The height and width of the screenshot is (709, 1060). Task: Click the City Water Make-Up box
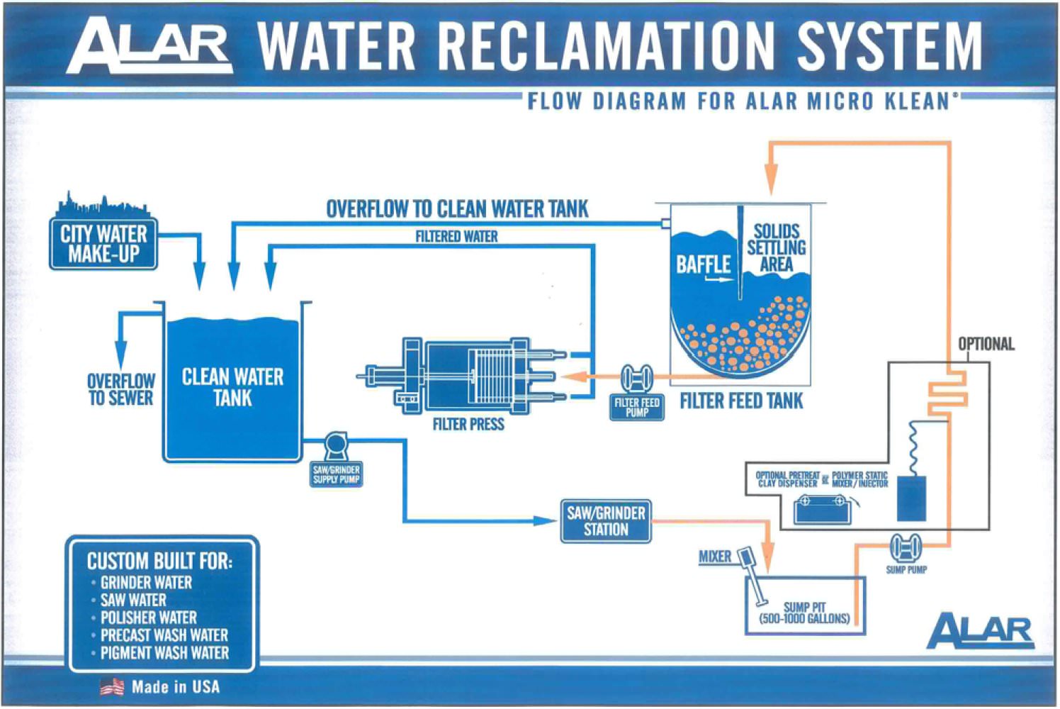point(103,244)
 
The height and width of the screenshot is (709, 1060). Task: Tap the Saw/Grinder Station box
point(606,521)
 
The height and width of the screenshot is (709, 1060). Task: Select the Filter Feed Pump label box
point(637,407)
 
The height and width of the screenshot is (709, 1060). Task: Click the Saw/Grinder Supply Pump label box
point(336,474)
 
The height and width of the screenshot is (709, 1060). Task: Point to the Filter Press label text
point(468,425)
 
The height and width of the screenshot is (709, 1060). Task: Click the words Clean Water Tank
point(232,387)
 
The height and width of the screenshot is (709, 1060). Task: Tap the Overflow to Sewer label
point(121,390)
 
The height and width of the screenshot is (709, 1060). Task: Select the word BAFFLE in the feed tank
point(703,264)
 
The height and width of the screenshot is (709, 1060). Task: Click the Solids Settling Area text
point(776,247)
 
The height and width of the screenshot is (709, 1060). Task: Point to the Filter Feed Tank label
point(742,401)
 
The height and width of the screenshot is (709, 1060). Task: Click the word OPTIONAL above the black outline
point(986,344)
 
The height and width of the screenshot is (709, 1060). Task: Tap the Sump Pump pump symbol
point(906,547)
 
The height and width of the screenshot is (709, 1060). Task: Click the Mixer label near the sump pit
point(714,557)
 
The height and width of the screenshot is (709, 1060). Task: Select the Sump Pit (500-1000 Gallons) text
point(804,613)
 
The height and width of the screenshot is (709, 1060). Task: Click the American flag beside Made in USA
point(112,686)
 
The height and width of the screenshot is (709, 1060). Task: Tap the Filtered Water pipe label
point(456,237)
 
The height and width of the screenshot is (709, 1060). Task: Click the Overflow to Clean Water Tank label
point(457,209)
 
